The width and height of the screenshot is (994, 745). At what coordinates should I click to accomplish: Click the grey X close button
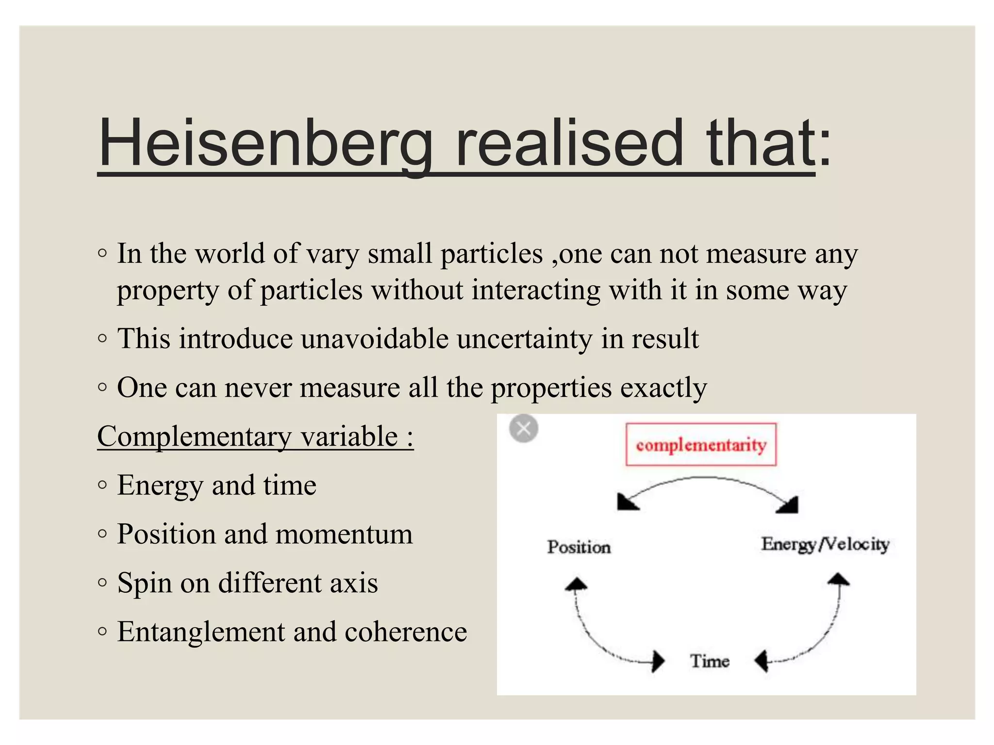click(524, 429)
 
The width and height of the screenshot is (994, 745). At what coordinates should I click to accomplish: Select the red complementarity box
click(701, 444)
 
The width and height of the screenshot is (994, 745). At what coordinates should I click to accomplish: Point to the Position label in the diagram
click(579, 547)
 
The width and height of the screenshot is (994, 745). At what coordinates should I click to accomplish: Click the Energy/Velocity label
click(825, 544)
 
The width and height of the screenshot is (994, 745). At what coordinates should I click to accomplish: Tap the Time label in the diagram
click(710, 661)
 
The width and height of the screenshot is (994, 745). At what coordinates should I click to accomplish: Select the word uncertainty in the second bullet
click(524, 339)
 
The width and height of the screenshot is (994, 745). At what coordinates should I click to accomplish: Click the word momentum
click(344, 534)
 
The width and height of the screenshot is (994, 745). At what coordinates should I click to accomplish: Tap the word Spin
click(145, 583)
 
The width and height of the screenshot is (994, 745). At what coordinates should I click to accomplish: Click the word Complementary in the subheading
click(194, 436)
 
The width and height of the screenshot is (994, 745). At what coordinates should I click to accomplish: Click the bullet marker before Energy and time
click(102, 485)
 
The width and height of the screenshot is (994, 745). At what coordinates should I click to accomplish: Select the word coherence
click(406, 632)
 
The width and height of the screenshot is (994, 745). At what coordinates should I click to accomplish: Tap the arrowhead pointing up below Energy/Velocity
click(838, 580)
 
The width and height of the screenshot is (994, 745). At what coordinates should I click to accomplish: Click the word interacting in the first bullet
click(536, 290)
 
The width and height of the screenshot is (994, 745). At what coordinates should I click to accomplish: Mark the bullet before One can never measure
click(102, 388)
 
